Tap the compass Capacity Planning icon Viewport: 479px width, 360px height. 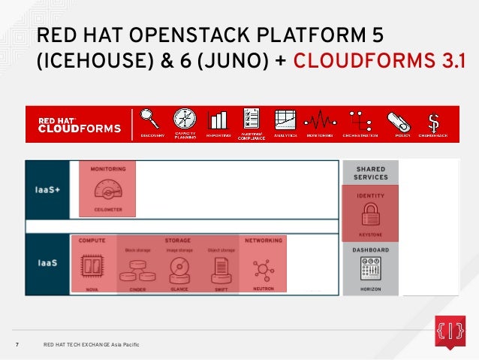[185, 119]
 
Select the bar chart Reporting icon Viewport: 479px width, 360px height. [218, 120]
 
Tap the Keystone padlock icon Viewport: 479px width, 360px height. [370, 216]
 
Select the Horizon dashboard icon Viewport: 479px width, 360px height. [370, 268]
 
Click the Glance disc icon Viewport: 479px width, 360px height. [179, 268]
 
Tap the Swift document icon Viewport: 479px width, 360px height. [221, 268]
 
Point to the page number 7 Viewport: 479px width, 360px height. [17, 345]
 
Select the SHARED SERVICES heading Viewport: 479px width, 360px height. [371, 174]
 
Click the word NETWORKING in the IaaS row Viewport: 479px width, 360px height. [264, 241]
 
